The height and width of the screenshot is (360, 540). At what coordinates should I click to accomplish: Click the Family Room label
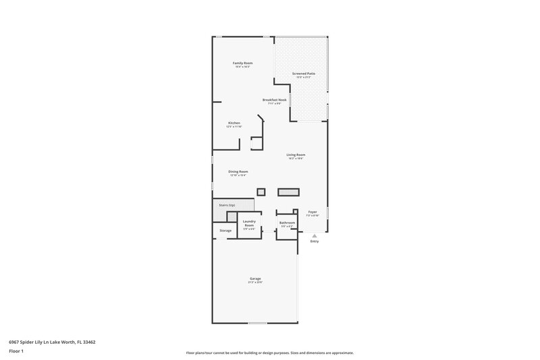pos(242,63)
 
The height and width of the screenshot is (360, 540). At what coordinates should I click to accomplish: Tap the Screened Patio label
pos(303,73)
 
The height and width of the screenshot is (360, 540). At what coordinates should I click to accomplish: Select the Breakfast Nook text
pos(275,100)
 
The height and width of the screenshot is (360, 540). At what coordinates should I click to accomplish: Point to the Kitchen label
pos(234,123)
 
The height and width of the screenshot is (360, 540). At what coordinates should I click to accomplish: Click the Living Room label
pos(296,155)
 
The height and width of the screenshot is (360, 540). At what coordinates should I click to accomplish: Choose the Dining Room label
pos(238,172)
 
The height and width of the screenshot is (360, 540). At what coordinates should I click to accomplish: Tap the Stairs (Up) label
pos(227,205)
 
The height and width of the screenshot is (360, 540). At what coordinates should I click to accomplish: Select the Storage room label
pos(225,230)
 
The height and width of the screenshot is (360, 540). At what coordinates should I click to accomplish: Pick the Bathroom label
pos(287,222)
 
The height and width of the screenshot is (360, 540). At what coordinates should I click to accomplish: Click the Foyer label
pos(313,211)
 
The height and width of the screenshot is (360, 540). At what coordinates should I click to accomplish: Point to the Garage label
pos(255,278)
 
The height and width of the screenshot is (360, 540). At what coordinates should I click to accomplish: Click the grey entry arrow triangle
pos(314,235)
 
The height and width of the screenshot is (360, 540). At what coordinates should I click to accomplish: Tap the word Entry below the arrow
pos(314,241)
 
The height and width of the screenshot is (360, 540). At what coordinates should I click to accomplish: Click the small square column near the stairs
pos(261,191)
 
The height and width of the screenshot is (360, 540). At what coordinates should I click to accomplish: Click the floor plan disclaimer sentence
pos(270,353)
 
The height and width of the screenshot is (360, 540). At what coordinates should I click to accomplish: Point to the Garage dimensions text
pos(255,282)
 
